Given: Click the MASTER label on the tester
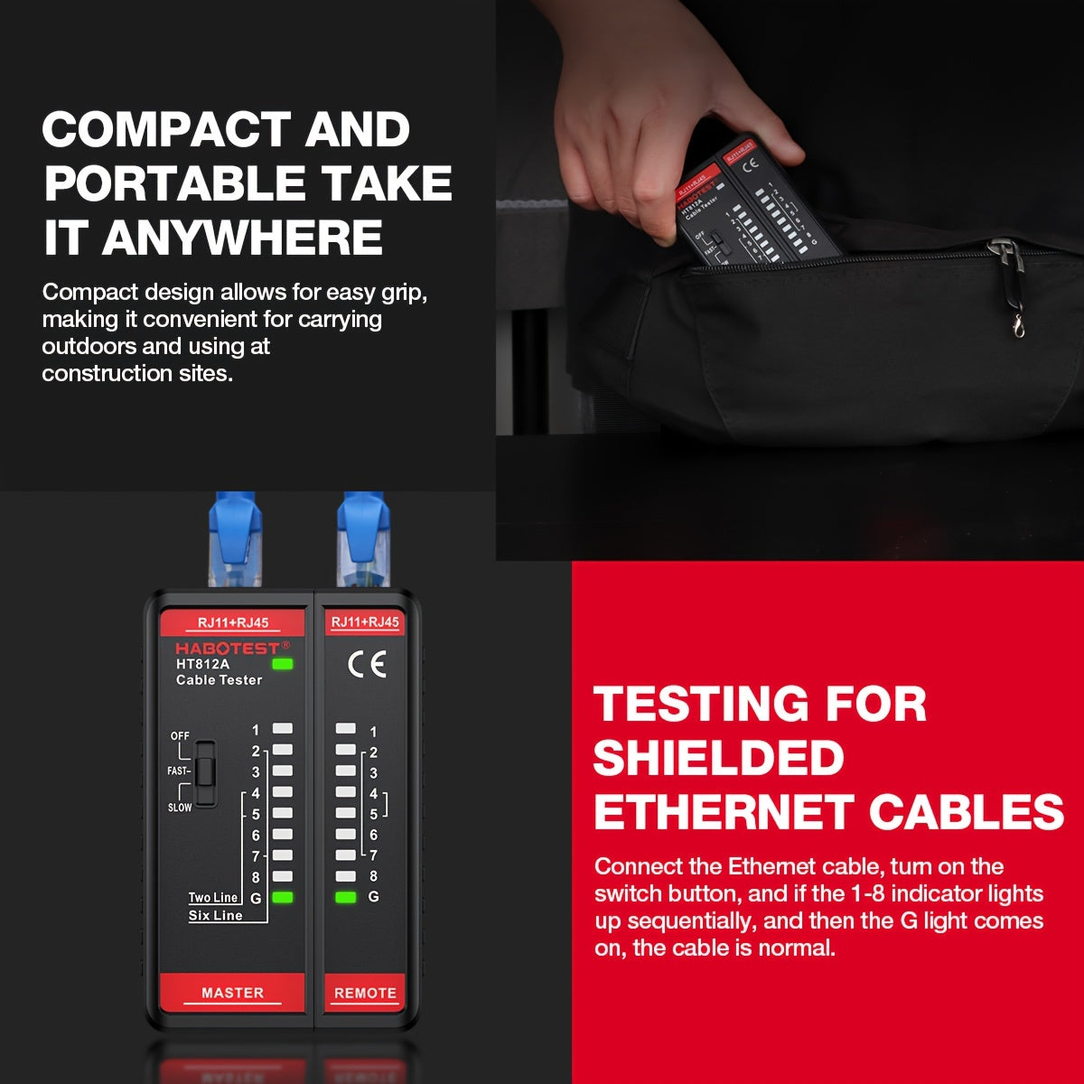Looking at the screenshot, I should tap(232, 992).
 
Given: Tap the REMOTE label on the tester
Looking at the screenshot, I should tap(365, 992).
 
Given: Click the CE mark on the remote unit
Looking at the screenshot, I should tap(367, 665).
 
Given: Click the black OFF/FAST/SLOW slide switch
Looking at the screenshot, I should tap(205, 772).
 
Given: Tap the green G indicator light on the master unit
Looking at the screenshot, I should tap(283, 897).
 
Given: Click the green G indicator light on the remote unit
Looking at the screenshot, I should tap(345, 897).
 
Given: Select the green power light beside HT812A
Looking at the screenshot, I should tap(283, 664).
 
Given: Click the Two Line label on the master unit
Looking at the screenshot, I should tap(213, 897).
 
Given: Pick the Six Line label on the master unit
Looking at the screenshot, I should tap(215, 915).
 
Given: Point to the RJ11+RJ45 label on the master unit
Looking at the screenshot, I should tap(232, 622).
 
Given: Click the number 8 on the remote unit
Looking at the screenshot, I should tap(373, 875).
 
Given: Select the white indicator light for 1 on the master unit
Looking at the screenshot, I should tap(283, 728).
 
